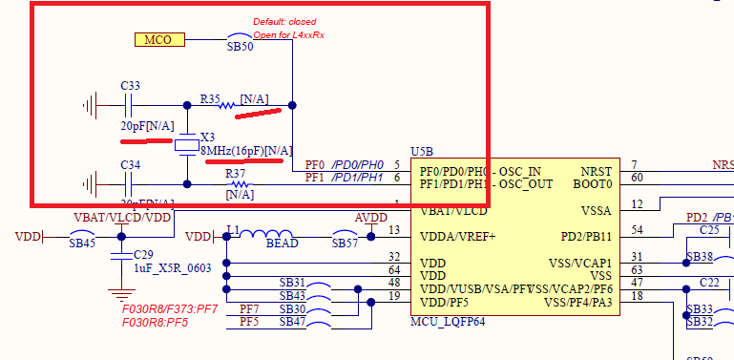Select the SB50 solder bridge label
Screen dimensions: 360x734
pos(240,46)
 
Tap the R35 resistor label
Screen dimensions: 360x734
pos(210,97)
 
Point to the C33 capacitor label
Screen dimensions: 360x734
pos(131,86)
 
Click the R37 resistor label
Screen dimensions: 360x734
pos(236,174)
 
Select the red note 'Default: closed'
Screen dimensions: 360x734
pos(284,22)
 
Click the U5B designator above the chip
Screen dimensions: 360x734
pos(422,152)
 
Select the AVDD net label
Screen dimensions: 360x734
pos(370,218)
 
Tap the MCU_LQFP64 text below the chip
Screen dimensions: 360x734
pos(447,321)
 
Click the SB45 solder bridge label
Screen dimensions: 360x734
pos(83,244)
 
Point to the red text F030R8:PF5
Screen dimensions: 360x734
pos(156,323)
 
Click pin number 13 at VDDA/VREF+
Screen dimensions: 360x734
pos(393,229)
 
